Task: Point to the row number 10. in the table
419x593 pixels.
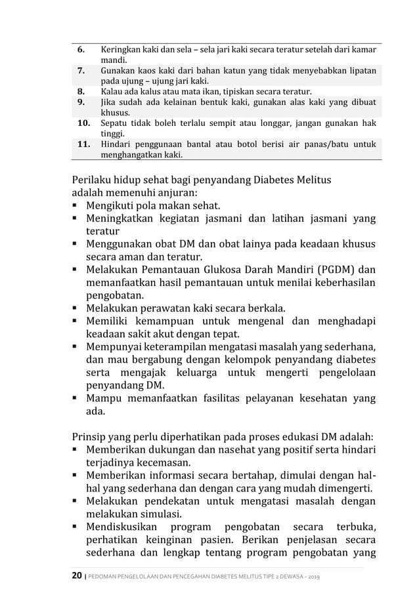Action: point(84,123)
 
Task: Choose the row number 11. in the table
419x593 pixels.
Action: point(84,145)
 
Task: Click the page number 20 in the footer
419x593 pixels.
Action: point(77,576)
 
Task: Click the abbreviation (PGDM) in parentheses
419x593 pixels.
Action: point(334,270)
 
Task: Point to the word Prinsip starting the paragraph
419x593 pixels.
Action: point(91,436)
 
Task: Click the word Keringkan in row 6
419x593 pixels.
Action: point(120,49)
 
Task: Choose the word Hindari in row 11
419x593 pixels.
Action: point(116,145)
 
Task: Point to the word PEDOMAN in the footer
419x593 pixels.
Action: point(104,577)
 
